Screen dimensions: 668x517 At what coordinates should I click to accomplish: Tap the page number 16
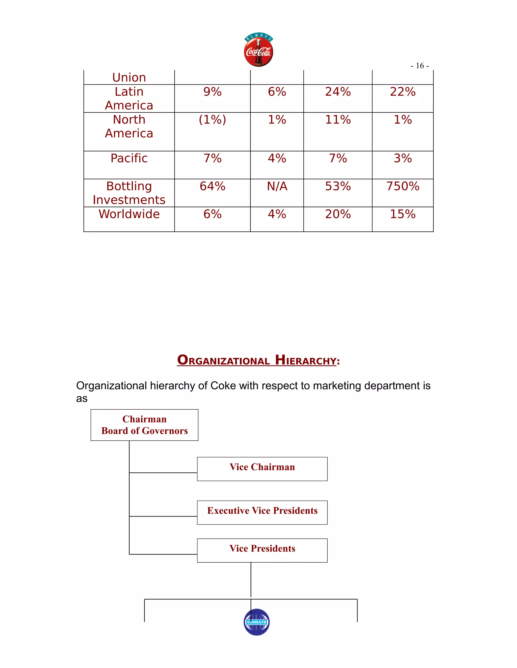[x=420, y=66]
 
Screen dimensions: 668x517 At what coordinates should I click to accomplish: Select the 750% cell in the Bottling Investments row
[x=402, y=186]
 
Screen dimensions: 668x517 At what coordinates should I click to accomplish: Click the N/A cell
[x=277, y=186]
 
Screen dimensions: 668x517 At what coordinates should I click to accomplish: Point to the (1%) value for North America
[x=212, y=119]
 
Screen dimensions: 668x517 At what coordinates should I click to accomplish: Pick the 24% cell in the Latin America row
[x=338, y=92]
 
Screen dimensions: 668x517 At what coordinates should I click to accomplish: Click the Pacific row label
[x=129, y=159]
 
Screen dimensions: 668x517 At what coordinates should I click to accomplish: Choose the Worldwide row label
[x=129, y=214]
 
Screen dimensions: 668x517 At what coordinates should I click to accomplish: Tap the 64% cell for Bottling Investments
[x=212, y=186]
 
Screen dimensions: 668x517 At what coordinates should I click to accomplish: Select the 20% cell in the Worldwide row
[x=338, y=214]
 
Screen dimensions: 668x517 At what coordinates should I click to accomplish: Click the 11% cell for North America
[x=338, y=119]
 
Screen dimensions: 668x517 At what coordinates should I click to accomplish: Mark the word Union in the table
[x=129, y=78]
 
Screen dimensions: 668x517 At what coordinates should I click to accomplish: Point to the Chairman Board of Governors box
[x=144, y=425]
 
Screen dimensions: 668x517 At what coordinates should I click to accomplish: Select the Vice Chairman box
[x=262, y=469]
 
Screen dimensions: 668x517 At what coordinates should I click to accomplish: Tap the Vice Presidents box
[x=262, y=550]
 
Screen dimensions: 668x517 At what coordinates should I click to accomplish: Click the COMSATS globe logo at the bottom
[x=257, y=622]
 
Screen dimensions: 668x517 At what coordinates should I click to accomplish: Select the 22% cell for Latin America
[x=402, y=92]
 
